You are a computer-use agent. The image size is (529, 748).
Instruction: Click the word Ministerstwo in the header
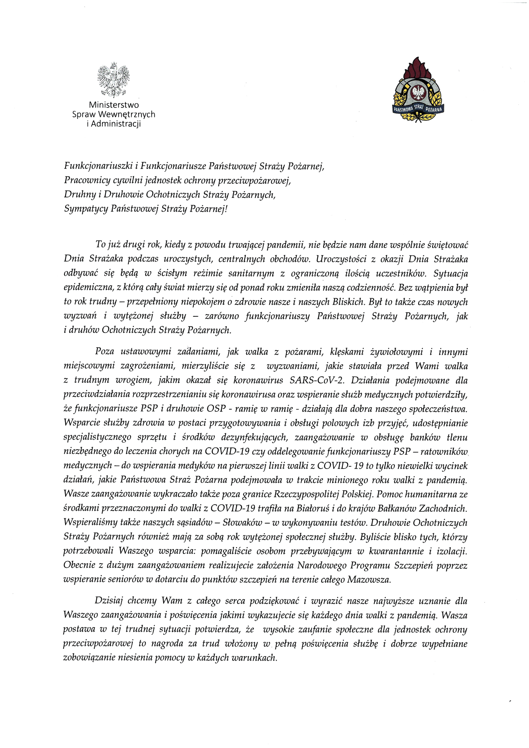(114, 105)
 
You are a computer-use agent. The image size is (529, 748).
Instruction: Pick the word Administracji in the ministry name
(116, 124)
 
